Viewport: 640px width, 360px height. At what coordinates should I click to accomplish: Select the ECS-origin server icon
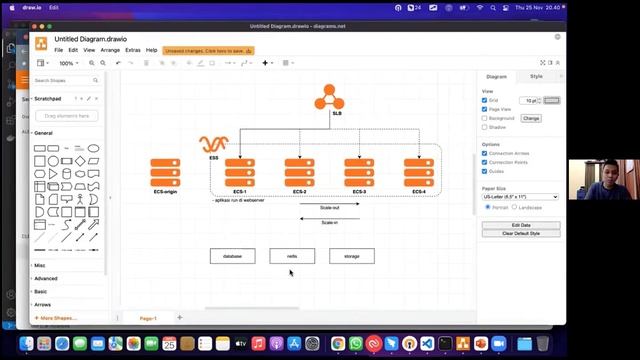click(x=165, y=172)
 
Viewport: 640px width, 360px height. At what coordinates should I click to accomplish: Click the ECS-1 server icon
click(x=240, y=172)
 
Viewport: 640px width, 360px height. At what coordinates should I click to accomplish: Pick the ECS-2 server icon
click(x=299, y=172)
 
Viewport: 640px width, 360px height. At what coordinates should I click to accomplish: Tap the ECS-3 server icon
click(x=359, y=172)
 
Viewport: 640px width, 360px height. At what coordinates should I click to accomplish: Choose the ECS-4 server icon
click(x=418, y=172)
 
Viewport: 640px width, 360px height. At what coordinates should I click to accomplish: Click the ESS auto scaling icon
click(x=213, y=144)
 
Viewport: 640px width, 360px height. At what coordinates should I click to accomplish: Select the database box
click(x=232, y=256)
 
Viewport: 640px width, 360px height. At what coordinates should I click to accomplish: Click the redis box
click(x=292, y=256)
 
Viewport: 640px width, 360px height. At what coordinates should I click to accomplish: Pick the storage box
click(x=351, y=256)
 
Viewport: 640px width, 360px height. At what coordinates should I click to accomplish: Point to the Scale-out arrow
click(x=329, y=215)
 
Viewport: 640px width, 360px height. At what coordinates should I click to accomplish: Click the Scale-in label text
click(x=329, y=222)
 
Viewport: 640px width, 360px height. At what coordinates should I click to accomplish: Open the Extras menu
click(x=133, y=50)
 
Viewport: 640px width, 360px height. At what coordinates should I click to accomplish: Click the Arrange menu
click(x=110, y=50)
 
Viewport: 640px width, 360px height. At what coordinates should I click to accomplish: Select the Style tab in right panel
click(x=536, y=76)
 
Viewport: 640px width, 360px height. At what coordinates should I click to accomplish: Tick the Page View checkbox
click(x=485, y=109)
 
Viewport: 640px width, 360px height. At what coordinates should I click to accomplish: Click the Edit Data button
click(x=521, y=225)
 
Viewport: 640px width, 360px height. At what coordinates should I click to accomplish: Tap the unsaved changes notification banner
click(x=209, y=50)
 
